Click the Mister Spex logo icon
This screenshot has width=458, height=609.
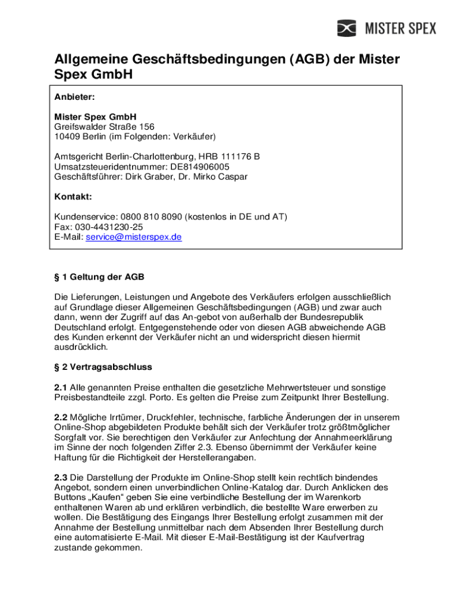tap(347, 28)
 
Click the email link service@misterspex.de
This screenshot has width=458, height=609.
tap(134, 237)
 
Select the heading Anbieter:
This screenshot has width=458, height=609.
tap(74, 96)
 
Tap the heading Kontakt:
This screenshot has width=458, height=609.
tap(73, 197)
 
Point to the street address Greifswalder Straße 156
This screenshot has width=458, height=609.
tap(104, 127)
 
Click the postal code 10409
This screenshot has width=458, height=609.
tap(67, 137)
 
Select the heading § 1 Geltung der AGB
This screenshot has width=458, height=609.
tap(99, 277)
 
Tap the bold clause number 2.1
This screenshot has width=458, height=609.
tap(61, 388)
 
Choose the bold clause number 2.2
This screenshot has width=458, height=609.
tap(61, 417)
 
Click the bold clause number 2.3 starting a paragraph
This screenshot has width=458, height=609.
tap(61, 478)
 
